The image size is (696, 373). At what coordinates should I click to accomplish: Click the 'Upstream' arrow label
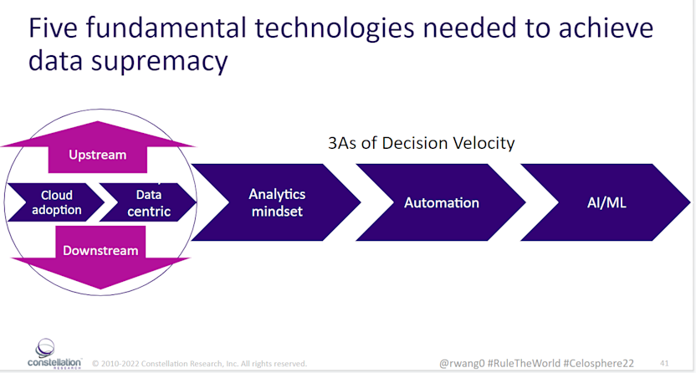(x=98, y=155)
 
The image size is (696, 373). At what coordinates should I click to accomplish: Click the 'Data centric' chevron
(x=148, y=202)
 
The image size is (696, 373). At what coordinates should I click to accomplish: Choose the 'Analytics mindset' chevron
(x=277, y=202)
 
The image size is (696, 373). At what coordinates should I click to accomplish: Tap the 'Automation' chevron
(x=441, y=202)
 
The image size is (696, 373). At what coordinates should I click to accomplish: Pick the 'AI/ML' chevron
(x=605, y=202)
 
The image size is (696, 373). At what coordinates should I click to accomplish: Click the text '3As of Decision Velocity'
(x=421, y=143)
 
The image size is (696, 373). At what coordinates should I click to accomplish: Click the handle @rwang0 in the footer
(x=462, y=364)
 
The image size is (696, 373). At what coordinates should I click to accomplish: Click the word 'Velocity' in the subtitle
(x=484, y=143)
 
